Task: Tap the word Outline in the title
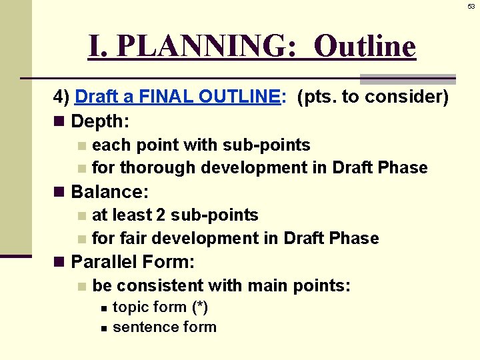(x=365, y=47)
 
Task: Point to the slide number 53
(x=471, y=6)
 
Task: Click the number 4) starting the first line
(x=61, y=97)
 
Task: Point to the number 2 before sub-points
(x=161, y=215)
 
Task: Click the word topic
(x=131, y=307)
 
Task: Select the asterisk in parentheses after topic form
(x=199, y=307)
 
